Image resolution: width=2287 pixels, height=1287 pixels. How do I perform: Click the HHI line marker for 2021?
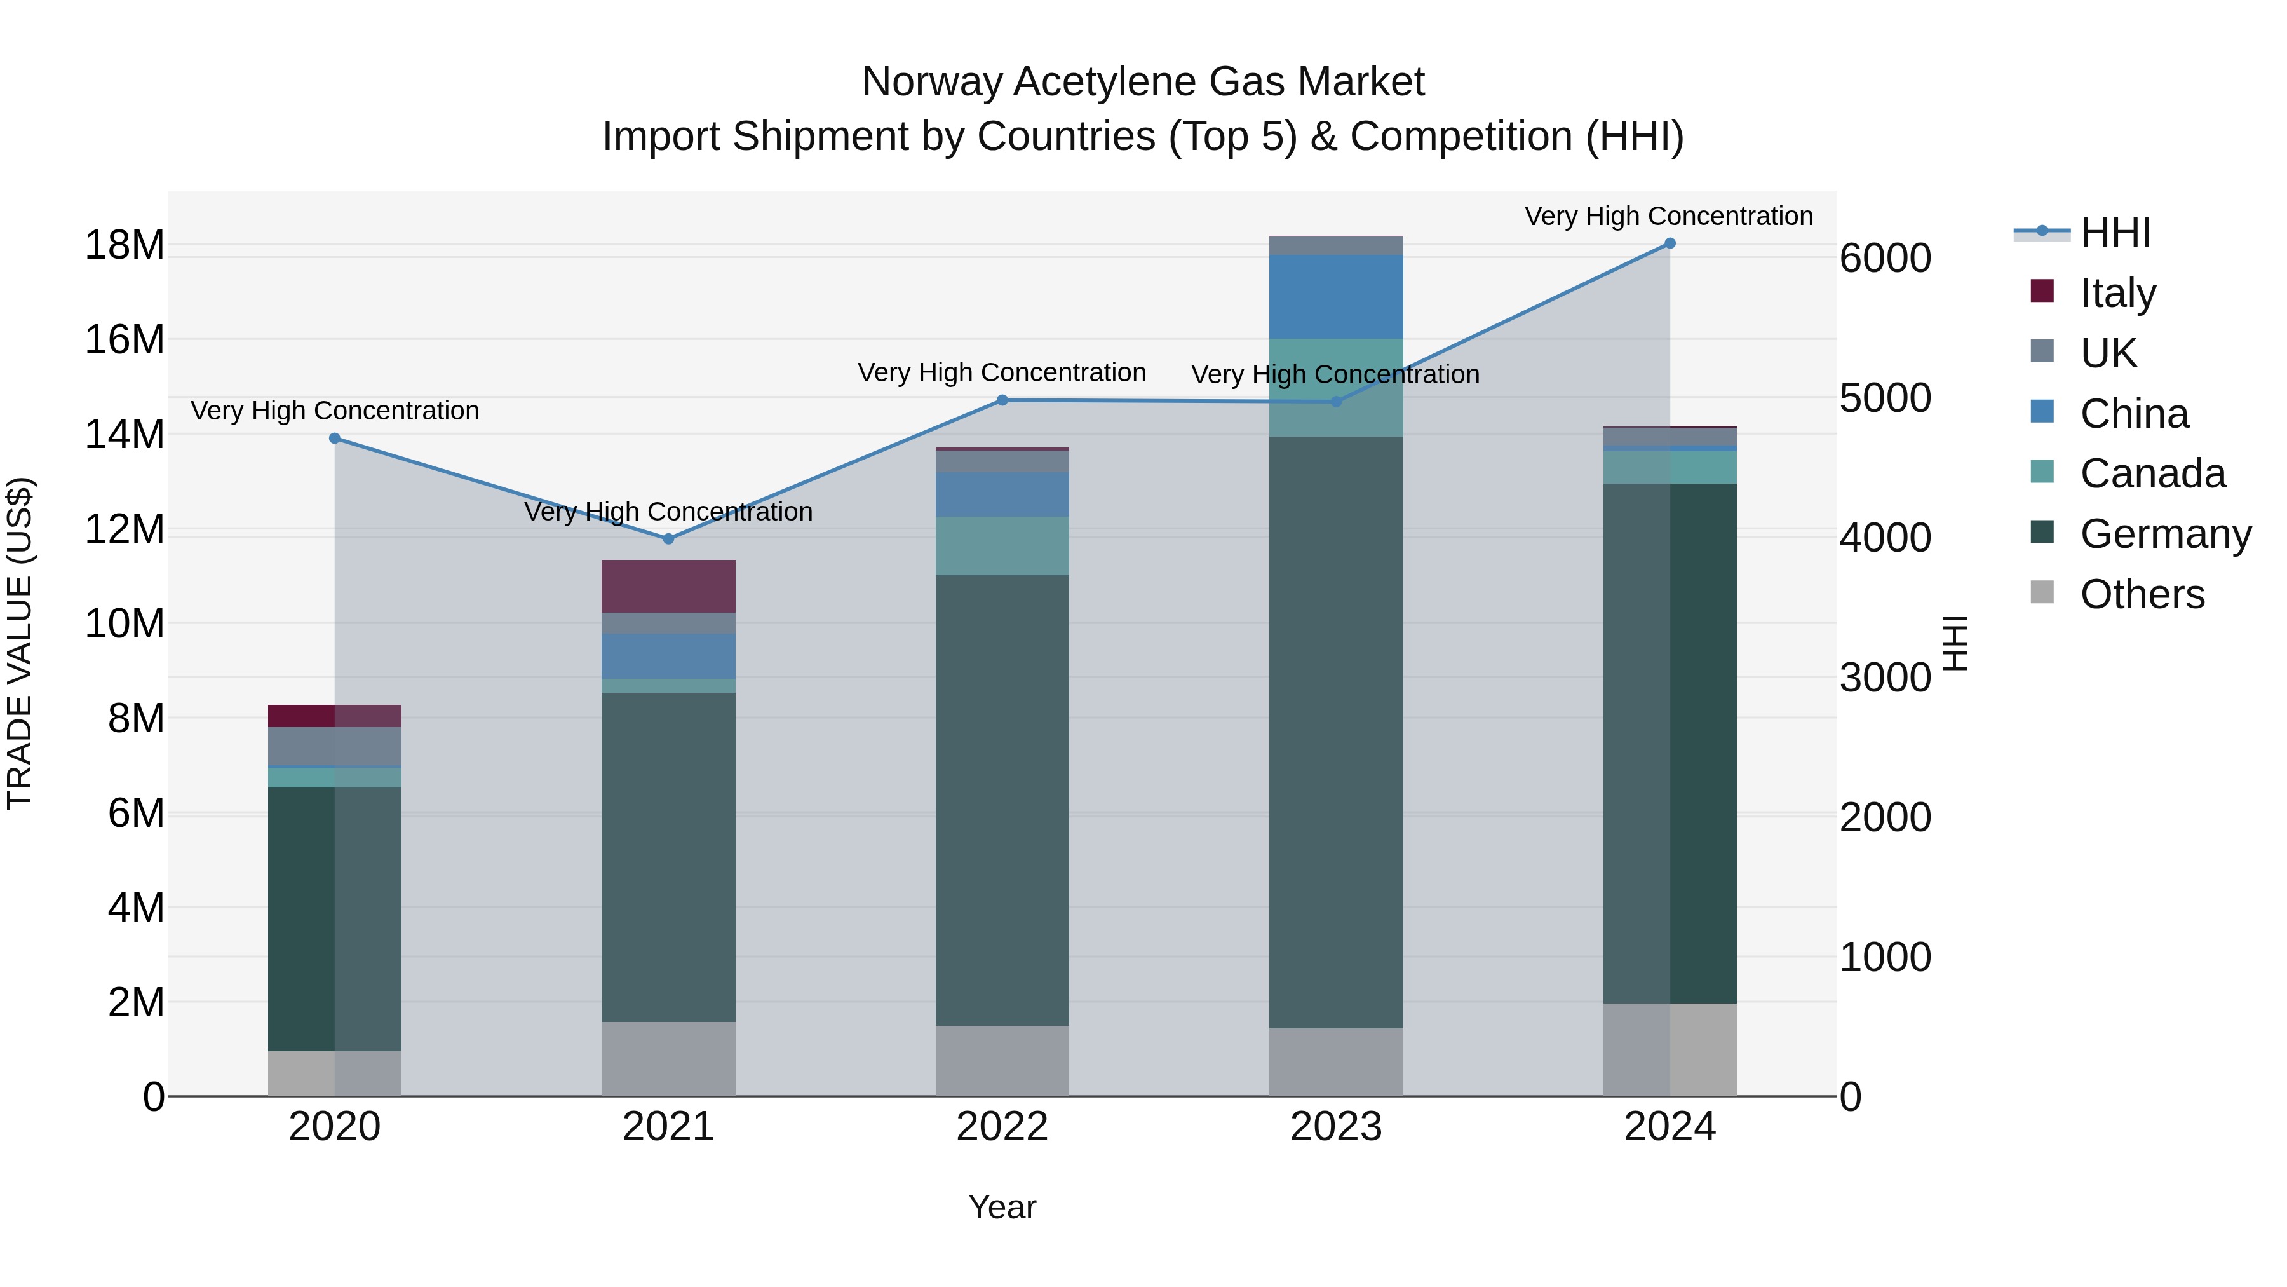click(668, 539)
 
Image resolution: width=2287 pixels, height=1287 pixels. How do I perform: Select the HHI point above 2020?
click(335, 438)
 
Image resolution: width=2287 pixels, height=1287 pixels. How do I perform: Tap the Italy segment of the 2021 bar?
click(668, 586)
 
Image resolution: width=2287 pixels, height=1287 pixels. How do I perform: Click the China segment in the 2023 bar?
click(1335, 297)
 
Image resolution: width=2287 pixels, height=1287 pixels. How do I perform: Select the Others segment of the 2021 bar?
click(668, 1059)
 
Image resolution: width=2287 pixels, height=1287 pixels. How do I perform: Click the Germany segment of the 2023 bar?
click(1335, 732)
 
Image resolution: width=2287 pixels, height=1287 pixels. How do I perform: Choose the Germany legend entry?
click(2164, 534)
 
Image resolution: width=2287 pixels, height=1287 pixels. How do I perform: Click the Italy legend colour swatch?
click(2042, 291)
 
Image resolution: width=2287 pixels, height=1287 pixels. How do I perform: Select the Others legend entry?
click(2142, 594)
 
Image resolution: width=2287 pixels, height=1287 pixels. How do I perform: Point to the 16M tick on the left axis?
click(125, 339)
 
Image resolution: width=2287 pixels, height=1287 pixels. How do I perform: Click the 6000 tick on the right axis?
click(1885, 259)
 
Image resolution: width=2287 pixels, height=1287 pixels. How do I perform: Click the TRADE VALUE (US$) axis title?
click(20, 643)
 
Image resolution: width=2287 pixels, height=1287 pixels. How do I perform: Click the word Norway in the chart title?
click(931, 82)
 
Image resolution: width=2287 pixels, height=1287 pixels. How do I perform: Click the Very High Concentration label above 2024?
click(1668, 216)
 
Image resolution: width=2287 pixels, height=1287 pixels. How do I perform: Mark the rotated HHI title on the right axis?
click(1955, 643)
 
